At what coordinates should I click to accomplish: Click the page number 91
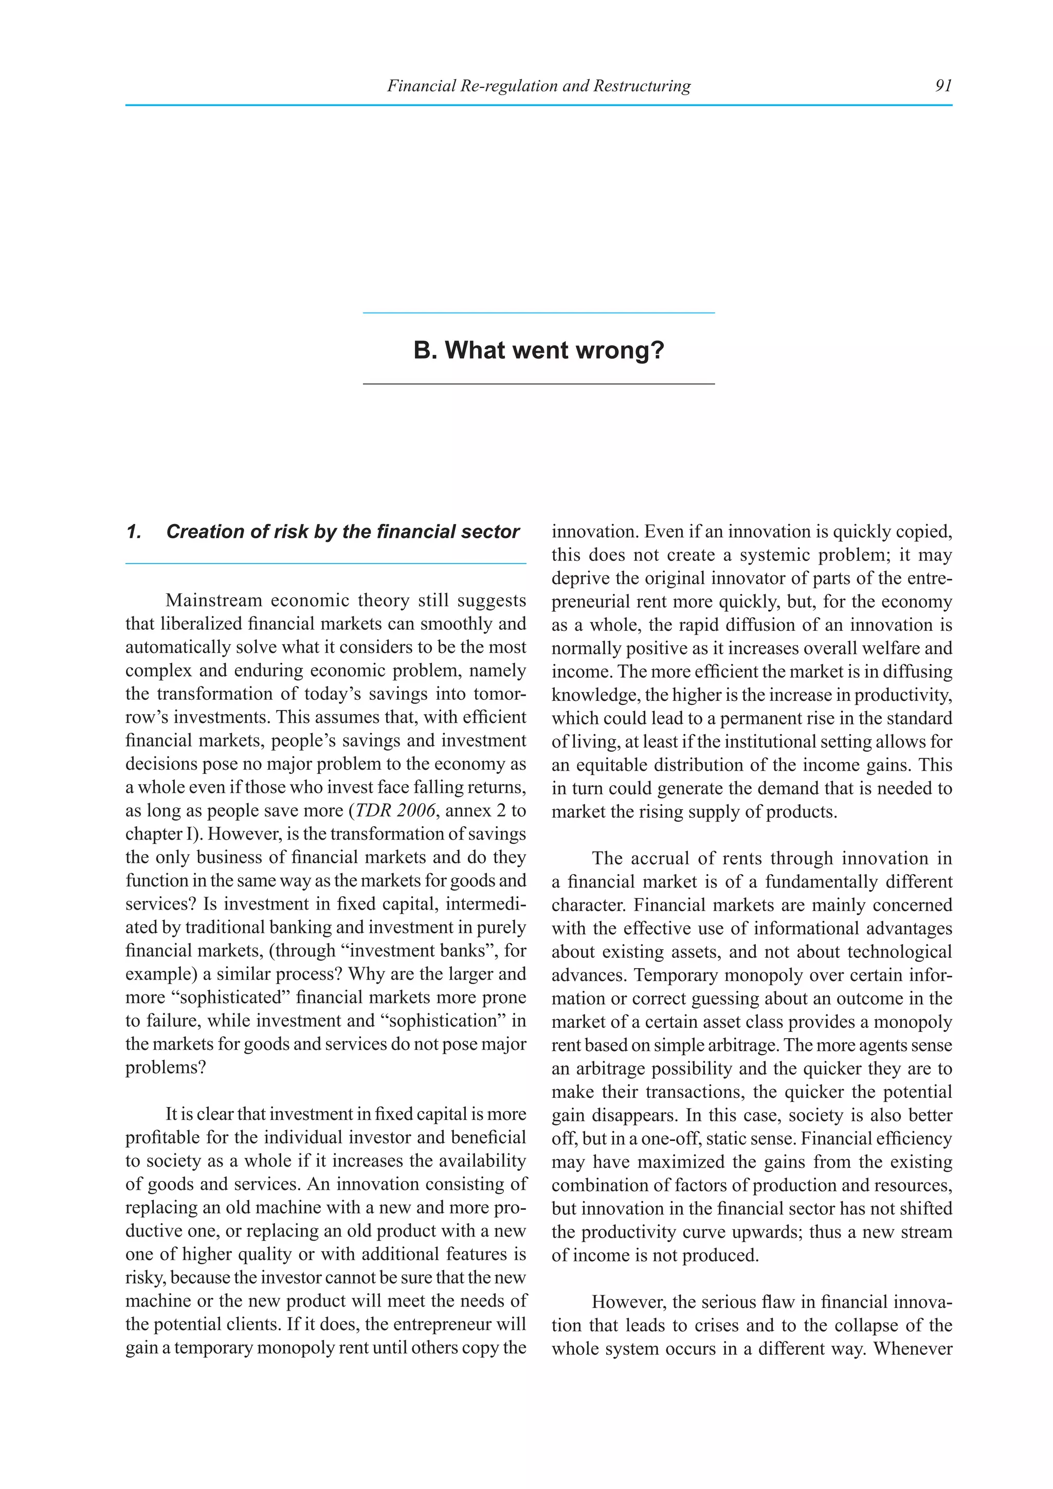(943, 85)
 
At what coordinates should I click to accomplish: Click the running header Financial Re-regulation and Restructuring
(538, 85)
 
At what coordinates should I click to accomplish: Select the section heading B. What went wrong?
(539, 350)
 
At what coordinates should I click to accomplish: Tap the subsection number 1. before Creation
(134, 532)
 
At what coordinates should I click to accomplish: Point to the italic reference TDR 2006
(395, 811)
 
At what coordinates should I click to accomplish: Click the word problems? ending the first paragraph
(166, 1067)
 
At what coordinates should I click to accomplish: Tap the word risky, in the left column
(145, 1278)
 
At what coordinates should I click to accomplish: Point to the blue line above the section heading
(538, 313)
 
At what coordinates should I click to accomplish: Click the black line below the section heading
(538, 384)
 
